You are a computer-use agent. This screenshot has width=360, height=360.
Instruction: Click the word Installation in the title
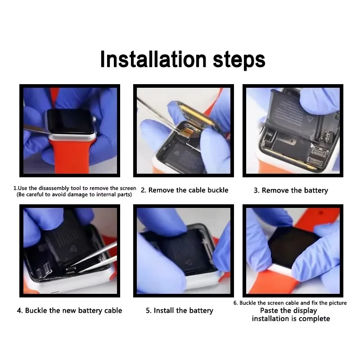153,59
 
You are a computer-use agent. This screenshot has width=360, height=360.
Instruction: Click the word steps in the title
239,60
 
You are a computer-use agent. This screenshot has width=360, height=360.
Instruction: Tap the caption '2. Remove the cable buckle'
184,190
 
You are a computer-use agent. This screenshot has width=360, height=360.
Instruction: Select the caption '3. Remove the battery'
291,190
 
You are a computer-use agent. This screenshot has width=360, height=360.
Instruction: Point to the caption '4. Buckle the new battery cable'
70,310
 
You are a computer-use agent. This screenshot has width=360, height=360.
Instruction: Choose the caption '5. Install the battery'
180,310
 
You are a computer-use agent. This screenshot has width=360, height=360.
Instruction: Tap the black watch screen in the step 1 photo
71,121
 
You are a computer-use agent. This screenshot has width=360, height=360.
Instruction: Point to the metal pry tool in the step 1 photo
37,130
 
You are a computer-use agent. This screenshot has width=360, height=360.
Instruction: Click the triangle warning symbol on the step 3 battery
310,119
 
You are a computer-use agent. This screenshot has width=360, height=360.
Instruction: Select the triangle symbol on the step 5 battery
188,262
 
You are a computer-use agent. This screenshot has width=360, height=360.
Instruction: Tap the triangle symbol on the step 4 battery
73,248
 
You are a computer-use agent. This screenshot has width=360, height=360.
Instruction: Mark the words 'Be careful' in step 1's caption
30,195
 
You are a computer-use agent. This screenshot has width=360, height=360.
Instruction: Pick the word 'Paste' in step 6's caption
268,310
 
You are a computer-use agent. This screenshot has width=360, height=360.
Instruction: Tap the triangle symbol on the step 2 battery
176,153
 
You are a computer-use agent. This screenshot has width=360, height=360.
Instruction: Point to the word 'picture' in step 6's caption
337,303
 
